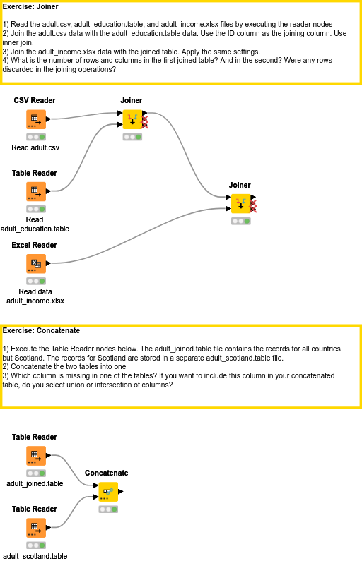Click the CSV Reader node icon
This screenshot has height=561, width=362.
[35, 119]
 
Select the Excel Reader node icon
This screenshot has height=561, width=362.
[35, 263]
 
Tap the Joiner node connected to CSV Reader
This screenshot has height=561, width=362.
[132, 119]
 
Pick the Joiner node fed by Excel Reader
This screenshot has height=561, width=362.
[241, 203]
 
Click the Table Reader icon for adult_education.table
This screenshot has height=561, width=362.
[35, 191]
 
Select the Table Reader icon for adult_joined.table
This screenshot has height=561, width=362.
[35, 455]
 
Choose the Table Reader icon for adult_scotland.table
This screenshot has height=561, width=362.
[35, 527]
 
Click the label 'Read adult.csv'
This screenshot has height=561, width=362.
[35, 148]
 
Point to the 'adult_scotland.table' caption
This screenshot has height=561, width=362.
[35, 556]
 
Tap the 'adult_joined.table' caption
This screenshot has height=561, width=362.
[35, 484]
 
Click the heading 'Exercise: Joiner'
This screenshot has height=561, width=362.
[31, 7]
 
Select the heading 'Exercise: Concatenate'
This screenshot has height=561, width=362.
[41, 330]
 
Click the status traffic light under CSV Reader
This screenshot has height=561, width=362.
[35, 137]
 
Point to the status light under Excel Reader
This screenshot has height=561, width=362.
[35, 281]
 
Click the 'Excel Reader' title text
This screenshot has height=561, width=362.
[35, 246]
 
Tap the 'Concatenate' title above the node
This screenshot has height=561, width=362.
[106, 473]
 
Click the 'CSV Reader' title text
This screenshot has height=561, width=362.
[35, 101]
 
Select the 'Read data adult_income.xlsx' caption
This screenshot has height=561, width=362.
[35, 296]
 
